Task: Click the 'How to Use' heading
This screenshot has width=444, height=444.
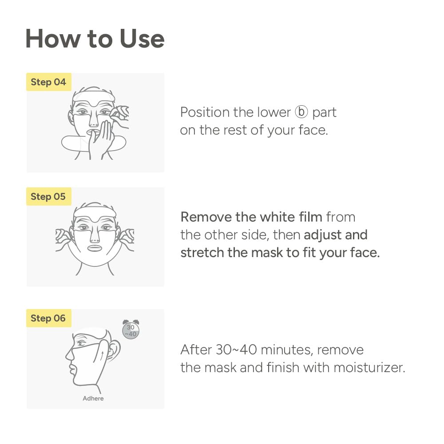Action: [95, 39]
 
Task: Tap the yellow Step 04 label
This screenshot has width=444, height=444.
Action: [48, 82]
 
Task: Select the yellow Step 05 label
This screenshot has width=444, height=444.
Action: [48, 196]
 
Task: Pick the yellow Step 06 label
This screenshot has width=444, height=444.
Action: [48, 318]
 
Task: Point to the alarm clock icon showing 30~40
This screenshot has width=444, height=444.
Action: [131, 330]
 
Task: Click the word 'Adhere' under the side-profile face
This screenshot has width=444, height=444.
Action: [93, 398]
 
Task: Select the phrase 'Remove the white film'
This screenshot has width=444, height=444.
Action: [251, 217]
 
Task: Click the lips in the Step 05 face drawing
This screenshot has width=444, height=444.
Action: [95, 248]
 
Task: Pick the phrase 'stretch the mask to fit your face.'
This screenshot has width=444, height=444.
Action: [280, 253]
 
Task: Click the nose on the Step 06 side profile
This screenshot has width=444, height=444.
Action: [69, 354]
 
